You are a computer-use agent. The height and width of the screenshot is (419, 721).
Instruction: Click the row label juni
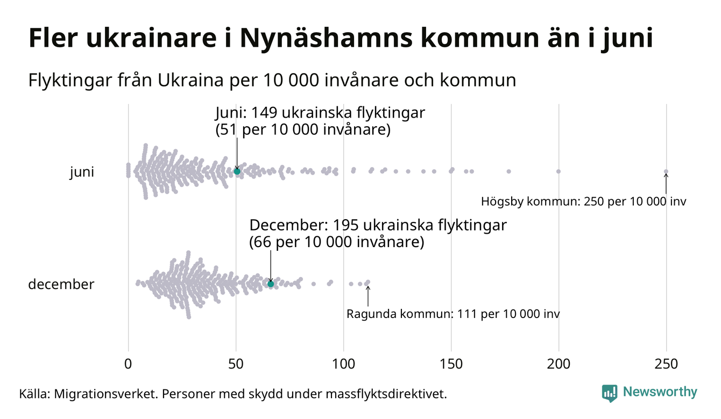point(82,172)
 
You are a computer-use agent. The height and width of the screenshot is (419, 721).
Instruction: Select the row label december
point(61,284)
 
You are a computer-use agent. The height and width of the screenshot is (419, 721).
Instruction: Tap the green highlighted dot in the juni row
point(237,171)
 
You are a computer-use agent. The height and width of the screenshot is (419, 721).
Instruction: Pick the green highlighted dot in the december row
point(271,284)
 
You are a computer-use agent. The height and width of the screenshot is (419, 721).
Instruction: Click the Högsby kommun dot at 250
point(666,172)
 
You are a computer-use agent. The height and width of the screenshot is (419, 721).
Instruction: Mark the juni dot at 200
point(559,171)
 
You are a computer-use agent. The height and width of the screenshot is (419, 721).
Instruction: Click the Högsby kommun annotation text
point(584,203)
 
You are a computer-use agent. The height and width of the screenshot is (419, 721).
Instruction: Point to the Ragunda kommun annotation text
point(453,314)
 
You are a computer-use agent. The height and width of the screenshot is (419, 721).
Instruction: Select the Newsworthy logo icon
point(610,393)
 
